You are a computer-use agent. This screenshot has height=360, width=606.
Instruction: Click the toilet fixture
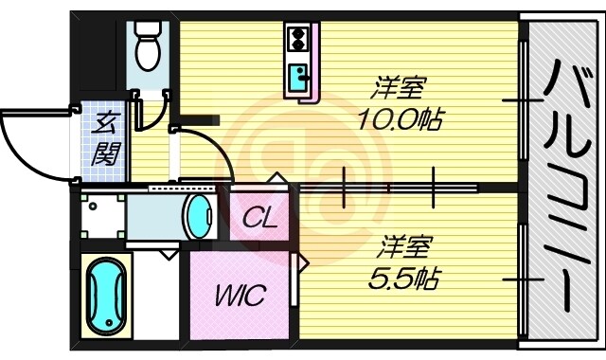click(147, 47)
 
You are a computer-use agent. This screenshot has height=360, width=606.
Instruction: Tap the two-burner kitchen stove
click(297, 39)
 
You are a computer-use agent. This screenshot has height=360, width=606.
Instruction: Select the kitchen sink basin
click(299, 76)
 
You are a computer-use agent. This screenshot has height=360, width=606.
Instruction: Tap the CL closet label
click(258, 221)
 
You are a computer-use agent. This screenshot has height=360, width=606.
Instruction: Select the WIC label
click(243, 293)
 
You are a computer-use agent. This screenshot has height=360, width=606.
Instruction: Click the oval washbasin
click(199, 216)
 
